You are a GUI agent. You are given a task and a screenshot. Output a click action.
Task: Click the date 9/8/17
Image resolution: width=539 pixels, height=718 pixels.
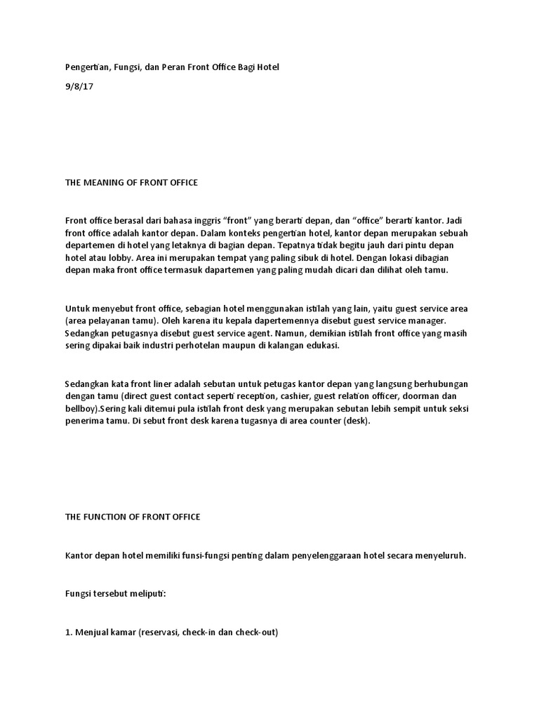(x=78, y=88)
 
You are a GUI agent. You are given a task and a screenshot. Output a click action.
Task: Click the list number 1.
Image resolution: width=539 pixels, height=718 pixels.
(x=68, y=632)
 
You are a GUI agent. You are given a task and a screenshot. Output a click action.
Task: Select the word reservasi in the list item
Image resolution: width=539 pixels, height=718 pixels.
(x=161, y=632)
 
